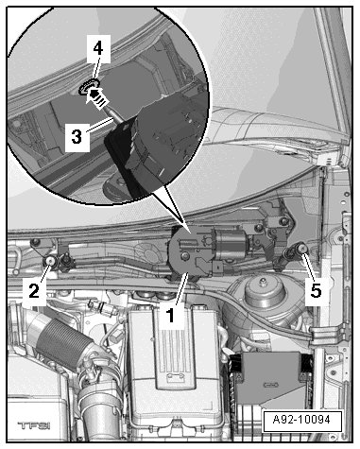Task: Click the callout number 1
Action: tap(171, 316)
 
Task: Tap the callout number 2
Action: tap(34, 290)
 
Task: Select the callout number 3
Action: tap(77, 137)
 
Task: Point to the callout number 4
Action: tap(98, 49)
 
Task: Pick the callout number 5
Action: tap(316, 290)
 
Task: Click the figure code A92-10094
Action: tap(301, 420)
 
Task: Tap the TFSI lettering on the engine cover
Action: tap(34, 425)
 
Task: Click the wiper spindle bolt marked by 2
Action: tap(50, 261)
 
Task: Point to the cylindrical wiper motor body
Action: tap(231, 241)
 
